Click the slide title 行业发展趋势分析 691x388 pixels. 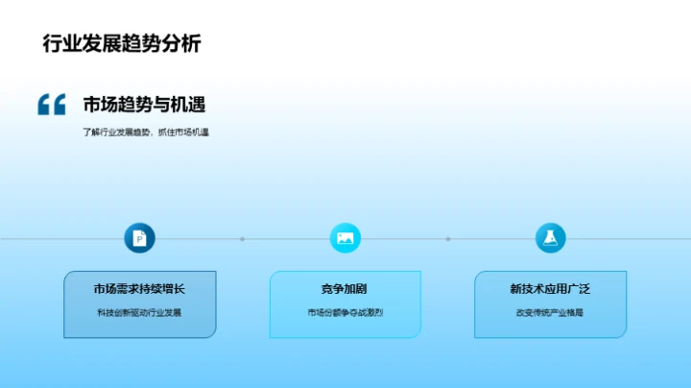click(x=122, y=43)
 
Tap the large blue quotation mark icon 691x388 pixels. click(x=52, y=105)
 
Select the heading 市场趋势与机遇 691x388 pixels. click(x=144, y=105)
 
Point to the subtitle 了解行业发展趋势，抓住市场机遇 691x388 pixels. click(x=146, y=132)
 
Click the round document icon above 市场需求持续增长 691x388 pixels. click(x=140, y=238)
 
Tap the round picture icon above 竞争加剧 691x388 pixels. click(x=345, y=238)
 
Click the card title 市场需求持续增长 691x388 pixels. click(x=140, y=289)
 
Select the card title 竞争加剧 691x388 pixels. click(x=345, y=289)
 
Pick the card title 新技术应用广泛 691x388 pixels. click(x=551, y=289)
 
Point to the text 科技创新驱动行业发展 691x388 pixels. click(x=140, y=312)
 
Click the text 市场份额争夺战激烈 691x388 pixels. click(x=345, y=312)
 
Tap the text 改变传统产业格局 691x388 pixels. click(x=551, y=312)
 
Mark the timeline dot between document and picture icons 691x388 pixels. click(x=243, y=238)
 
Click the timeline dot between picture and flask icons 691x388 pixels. click(x=448, y=238)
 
